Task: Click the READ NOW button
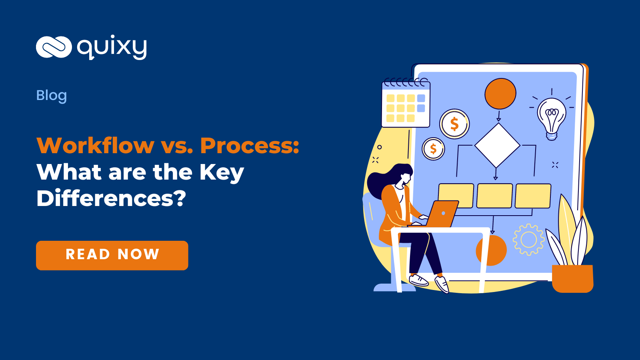(x=112, y=255)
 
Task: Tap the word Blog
(x=52, y=96)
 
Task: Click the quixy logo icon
(x=54, y=47)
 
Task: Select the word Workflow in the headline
(x=95, y=145)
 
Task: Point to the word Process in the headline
(x=249, y=145)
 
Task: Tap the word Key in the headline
(x=222, y=173)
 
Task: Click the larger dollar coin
(x=454, y=124)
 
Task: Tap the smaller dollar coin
(x=433, y=149)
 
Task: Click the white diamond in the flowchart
(x=497, y=145)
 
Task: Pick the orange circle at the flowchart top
(x=500, y=94)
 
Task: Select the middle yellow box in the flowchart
(x=494, y=196)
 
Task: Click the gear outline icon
(x=528, y=240)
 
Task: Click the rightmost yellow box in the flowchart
(x=533, y=196)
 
